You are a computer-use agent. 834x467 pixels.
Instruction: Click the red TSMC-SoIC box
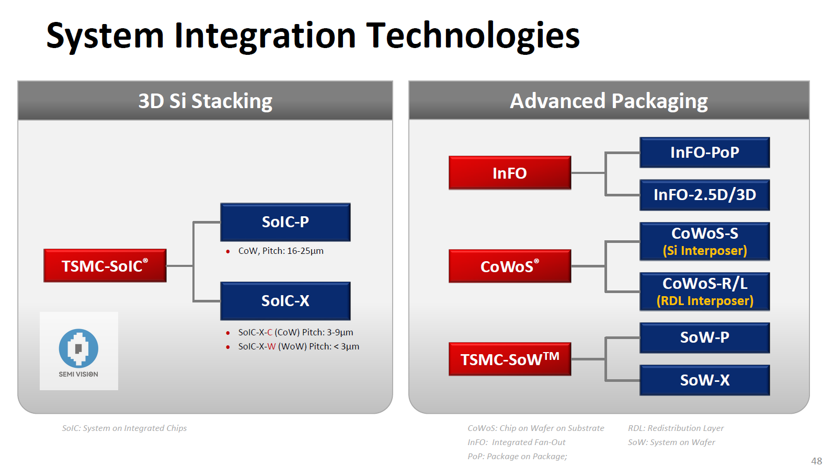pyautogui.click(x=105, y=266)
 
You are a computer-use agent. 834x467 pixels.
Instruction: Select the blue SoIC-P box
pyautogui.click(x=285, y=222)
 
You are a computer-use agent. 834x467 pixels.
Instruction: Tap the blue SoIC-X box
pyautogui.click(x=285, y=301)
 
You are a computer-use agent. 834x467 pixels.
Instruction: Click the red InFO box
pyautogui.click(x=509, y=173)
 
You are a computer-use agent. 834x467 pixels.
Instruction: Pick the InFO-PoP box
pyautogui.click(x=704, y=153)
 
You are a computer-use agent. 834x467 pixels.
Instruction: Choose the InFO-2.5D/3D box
pyautogui.click(x=704, y=195)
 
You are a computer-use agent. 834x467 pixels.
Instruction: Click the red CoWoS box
pyautogui.click(x=509, y=266)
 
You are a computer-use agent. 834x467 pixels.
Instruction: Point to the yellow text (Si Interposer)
pyautogui.click(x=704, y=251)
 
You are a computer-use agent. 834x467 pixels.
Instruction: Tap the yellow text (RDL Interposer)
pyautogui.click(x=704, y=301)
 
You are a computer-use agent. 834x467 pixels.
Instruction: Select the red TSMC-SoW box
pyautogui.click(x=509, y=359)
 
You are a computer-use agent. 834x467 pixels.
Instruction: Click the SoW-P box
pyautogui.click(x=704, y=337)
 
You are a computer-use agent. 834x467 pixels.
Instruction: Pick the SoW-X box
pyautogui.click(x=704, y=380)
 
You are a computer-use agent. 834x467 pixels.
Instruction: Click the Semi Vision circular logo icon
pyautogui.click(x=78, y=348)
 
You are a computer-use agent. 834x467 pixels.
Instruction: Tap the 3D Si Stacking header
pyautogui.click(x=205, y=101)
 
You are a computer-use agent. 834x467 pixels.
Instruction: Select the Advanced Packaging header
pyautogui.click(x=609, y=101)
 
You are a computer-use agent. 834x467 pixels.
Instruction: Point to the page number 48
pyautogui.click(x=816, y=461)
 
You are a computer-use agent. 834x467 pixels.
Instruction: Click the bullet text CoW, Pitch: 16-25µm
pyautogui.click(x=281, y=251)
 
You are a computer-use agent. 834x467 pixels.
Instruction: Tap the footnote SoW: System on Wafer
pyautogui.click(x=671, y=442)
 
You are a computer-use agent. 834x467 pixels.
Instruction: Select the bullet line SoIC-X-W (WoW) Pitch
pyautogui.click(x=298, y=346)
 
